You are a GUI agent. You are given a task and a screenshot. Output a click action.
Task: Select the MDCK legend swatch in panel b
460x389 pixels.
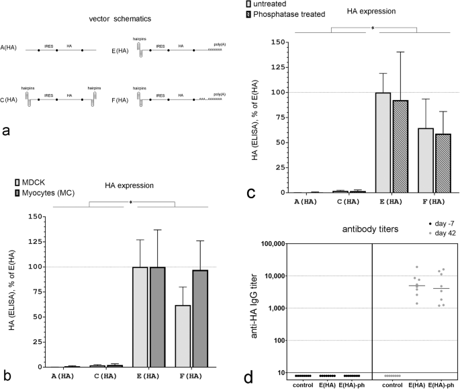click(17, 183)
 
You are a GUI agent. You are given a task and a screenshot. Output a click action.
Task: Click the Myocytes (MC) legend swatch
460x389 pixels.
click(17, 193)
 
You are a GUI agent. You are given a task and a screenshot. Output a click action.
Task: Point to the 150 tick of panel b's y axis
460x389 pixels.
click(32, 217)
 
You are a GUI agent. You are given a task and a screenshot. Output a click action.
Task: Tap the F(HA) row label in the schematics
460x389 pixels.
click(123, 99)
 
